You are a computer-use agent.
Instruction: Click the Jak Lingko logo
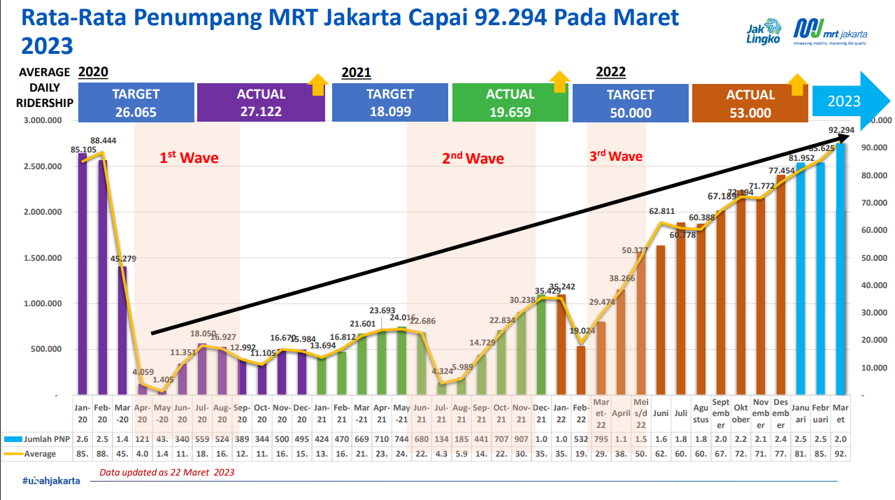[x=764, y=34]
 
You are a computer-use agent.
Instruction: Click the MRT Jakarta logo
[x=830, y=32]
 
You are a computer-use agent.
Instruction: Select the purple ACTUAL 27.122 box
[x=261, y=103]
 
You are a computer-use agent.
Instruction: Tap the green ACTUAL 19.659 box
[x=510, y=103]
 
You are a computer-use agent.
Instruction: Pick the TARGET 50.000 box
[x=630, y=103]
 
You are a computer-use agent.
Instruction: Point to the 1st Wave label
[x=189, y=157]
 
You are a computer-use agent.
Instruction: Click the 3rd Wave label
[x=615, y=156]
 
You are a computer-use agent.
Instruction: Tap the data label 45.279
[x=123, y=259]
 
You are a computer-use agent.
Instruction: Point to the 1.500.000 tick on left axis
[x=43, y=258]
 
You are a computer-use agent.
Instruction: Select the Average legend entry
[x=35, y=453]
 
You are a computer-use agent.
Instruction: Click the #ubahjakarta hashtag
[x=50, y=480]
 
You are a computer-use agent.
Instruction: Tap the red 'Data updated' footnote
[x=166, y=472]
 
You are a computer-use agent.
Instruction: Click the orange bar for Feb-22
[x=580, y=370]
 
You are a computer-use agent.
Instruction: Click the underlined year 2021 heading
[x=356, y=73]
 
